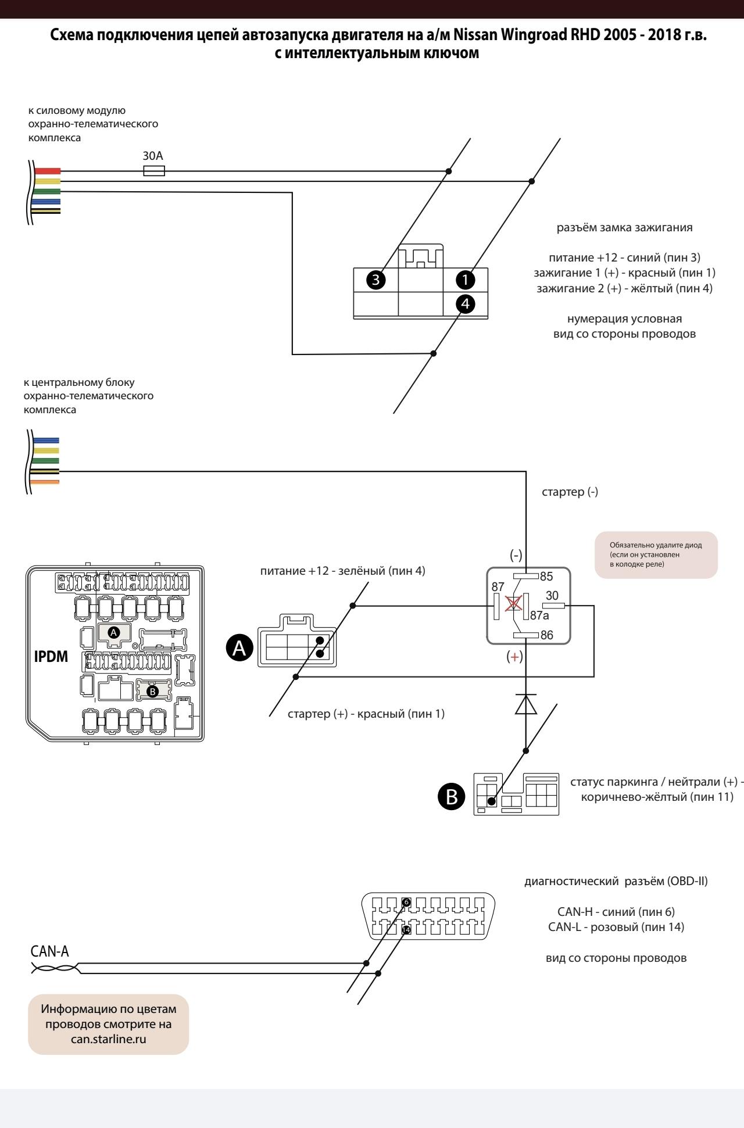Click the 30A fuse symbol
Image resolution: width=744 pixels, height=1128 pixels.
coord(154,171)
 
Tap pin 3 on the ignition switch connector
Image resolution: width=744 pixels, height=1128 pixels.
coord(376,280)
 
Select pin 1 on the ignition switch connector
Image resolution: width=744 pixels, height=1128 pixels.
coord(466,280)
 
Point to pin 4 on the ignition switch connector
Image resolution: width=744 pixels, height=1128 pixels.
coord(466,303)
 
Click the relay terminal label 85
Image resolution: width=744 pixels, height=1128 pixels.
coord(546,577)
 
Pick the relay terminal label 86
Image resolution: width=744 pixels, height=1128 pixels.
coord(546,635)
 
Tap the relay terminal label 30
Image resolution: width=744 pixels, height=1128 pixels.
coord(552,596)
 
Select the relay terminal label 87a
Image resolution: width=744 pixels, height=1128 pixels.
coord(539,616)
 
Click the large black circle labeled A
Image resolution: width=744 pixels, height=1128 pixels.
coord(239,650)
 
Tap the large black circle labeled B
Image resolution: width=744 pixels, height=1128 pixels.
coord(451,797)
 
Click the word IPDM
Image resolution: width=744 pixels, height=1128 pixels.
coord(51,657)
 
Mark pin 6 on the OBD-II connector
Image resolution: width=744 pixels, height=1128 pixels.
coord(406,902)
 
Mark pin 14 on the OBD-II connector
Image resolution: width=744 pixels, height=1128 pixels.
coord(406,930)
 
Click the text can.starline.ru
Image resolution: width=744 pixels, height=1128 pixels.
coord(108,1039)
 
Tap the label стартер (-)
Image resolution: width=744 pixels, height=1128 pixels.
coord(570,492)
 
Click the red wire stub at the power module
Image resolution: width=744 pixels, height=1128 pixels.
coord(48,171)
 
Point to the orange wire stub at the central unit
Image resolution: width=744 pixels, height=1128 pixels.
coord(46,482)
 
